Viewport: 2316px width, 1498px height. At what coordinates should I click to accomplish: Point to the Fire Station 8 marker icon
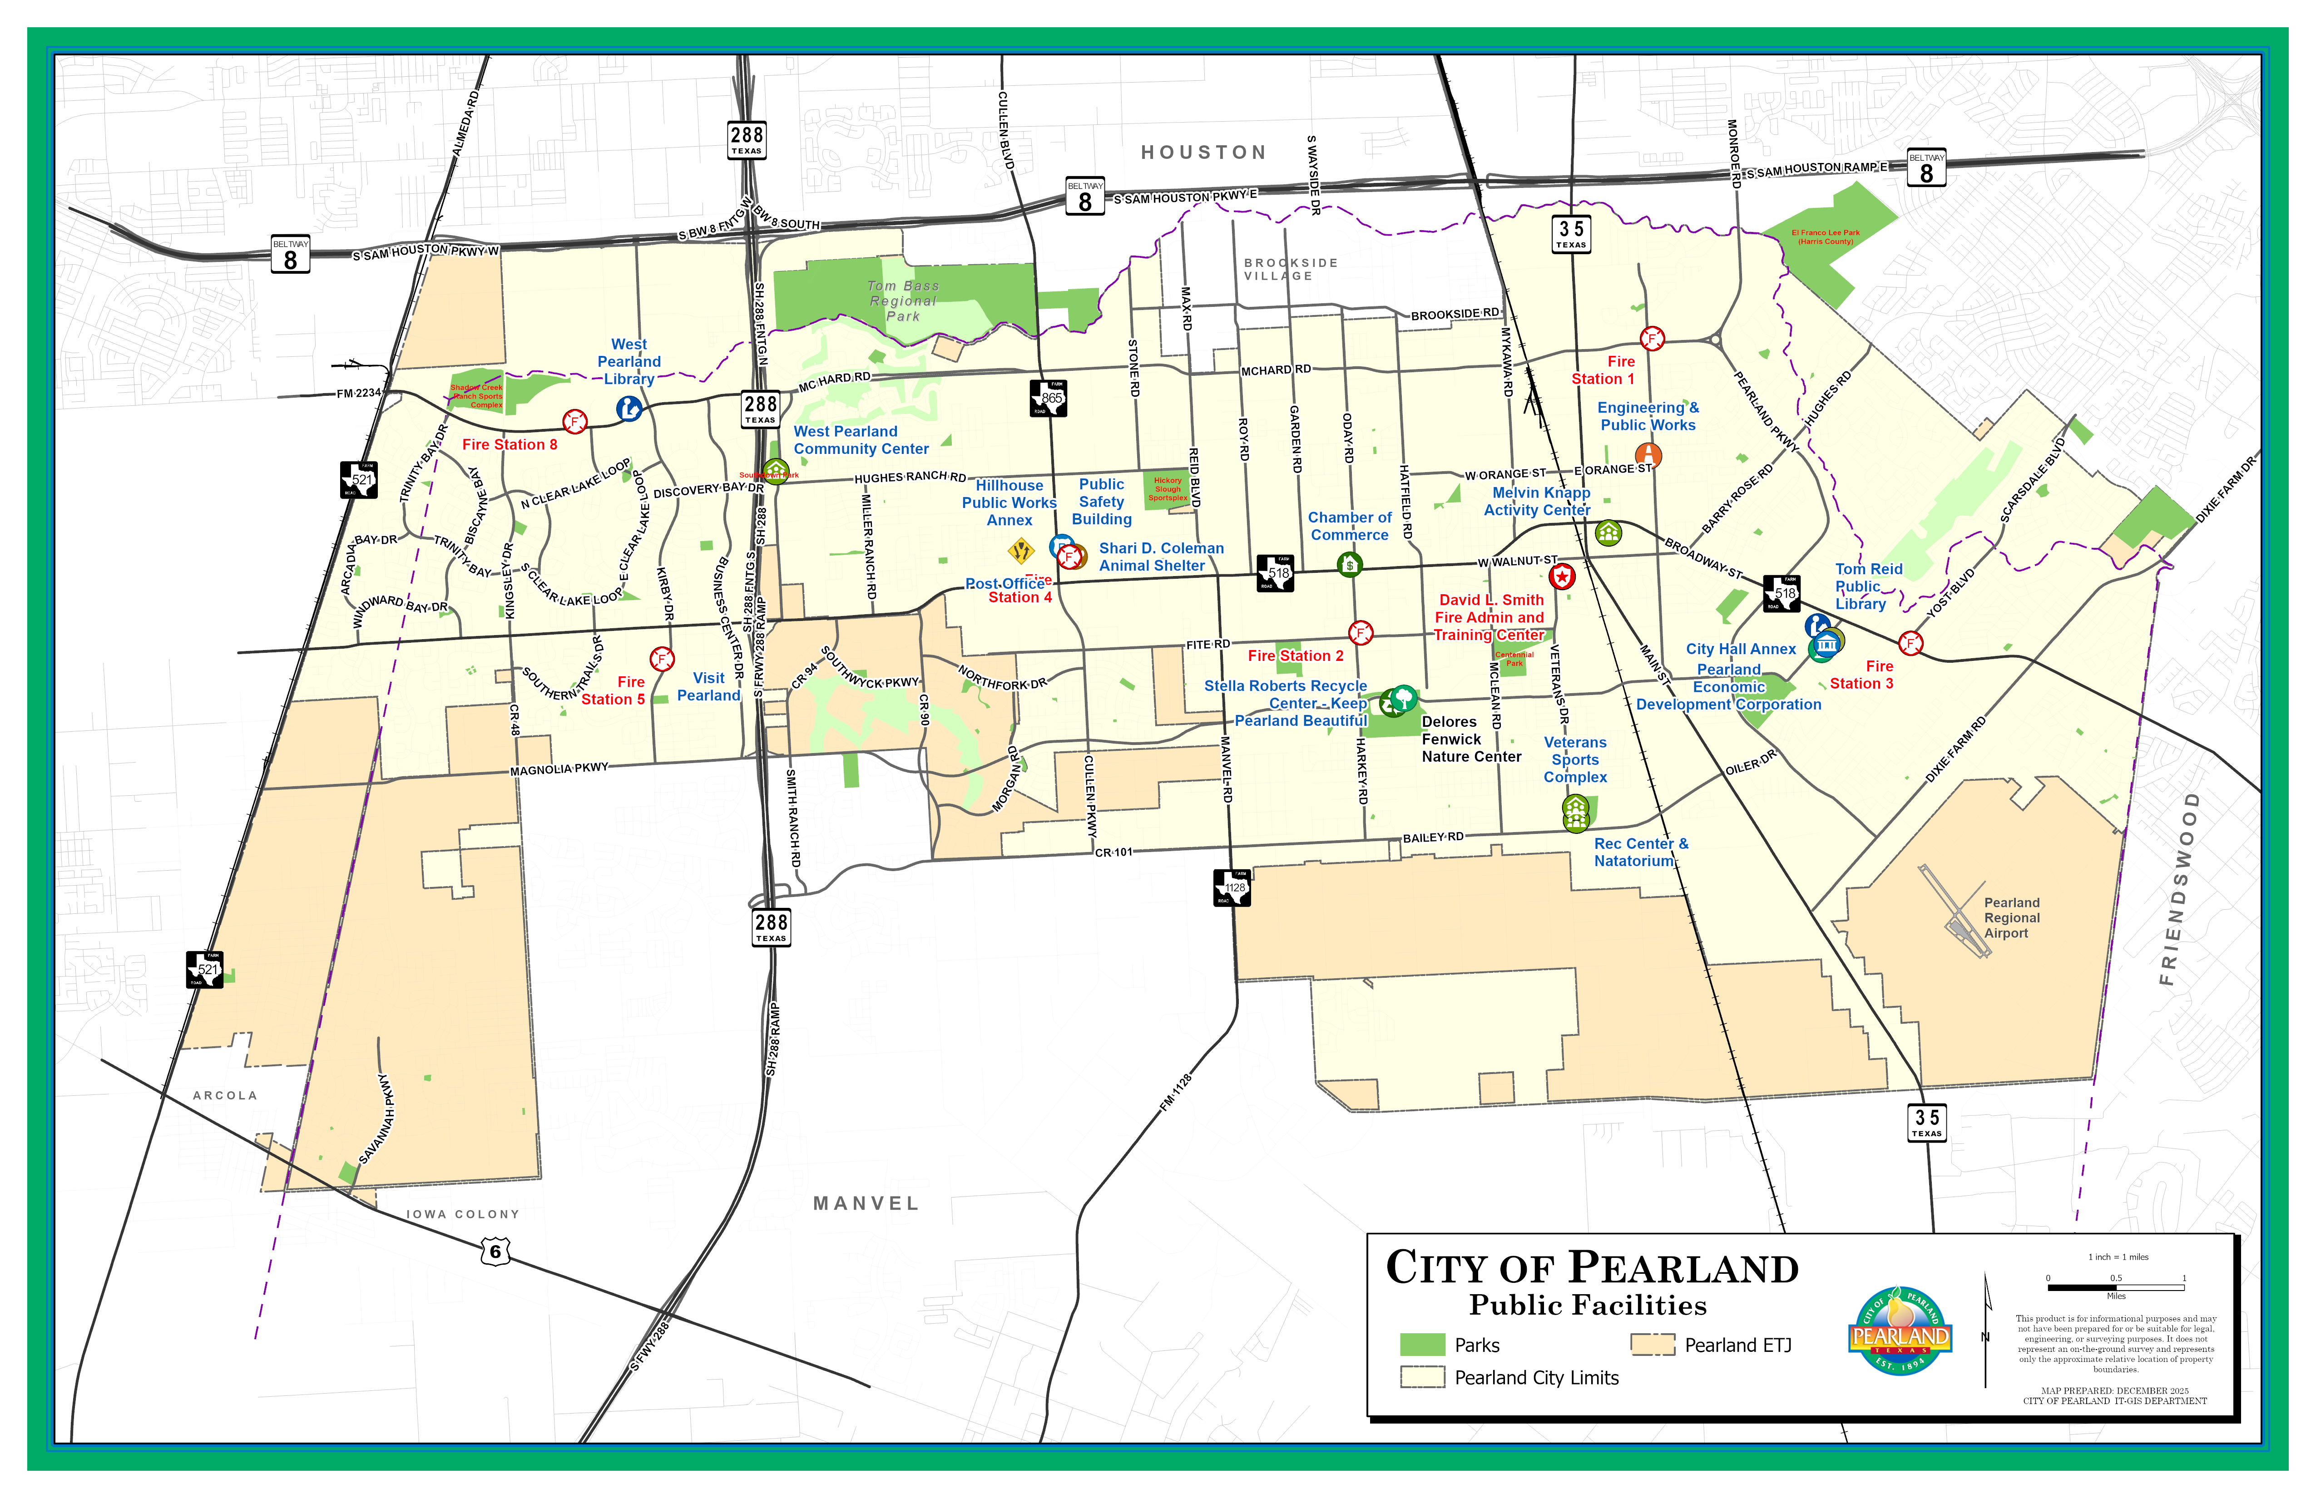point(575,421)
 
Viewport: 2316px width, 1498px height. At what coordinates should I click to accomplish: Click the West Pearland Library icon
point(629,409)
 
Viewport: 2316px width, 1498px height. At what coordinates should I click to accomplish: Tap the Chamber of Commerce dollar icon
point(1349,564)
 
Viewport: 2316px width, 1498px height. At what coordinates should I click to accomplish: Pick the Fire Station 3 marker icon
point(1910,643)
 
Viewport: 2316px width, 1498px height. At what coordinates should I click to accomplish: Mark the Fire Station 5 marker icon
point(662,659)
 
